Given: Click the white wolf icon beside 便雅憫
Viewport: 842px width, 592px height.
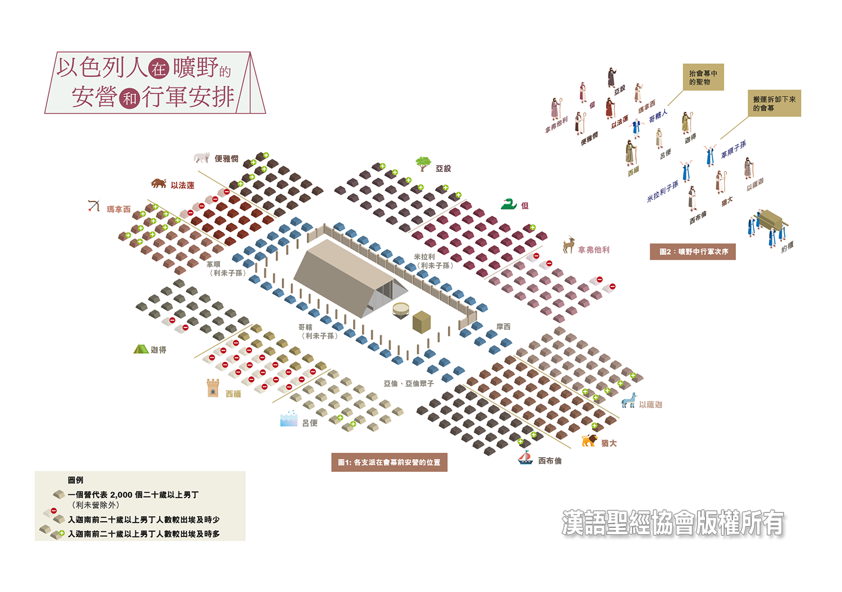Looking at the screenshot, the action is coord(202,157).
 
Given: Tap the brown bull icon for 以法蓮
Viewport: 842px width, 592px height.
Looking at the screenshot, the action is coord(158,183).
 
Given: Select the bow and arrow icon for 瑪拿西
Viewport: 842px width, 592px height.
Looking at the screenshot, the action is coord(94,206).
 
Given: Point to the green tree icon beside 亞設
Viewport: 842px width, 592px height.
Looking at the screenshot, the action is coord(423,164).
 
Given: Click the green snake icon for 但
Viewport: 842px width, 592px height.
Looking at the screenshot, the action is coord(509,204).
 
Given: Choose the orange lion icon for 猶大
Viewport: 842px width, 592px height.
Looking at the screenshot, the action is coord(589,440).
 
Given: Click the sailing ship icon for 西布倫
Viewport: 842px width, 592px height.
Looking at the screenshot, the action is coord(525,457).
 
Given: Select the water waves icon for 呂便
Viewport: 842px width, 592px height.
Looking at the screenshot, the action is coord(289,418).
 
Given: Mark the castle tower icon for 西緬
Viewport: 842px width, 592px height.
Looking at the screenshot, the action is coord(213,388).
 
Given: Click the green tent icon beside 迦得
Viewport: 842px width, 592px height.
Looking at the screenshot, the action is coord(141,349).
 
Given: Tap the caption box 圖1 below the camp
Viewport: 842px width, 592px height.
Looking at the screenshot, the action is coord(389,462).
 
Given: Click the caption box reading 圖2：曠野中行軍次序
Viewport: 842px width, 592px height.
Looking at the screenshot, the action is coord(692,252).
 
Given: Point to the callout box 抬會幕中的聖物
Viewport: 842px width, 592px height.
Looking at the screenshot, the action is coord(703,77).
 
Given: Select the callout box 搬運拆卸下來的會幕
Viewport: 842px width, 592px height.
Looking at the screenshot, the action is coord(774,103).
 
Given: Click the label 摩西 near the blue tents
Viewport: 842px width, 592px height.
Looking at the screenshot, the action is coord(504,326).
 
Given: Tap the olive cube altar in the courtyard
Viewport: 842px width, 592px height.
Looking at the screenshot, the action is coord(422,322).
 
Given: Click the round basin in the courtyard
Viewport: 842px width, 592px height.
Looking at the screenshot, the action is coord(401,310).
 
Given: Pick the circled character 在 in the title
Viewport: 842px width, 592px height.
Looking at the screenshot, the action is coord(159,69).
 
